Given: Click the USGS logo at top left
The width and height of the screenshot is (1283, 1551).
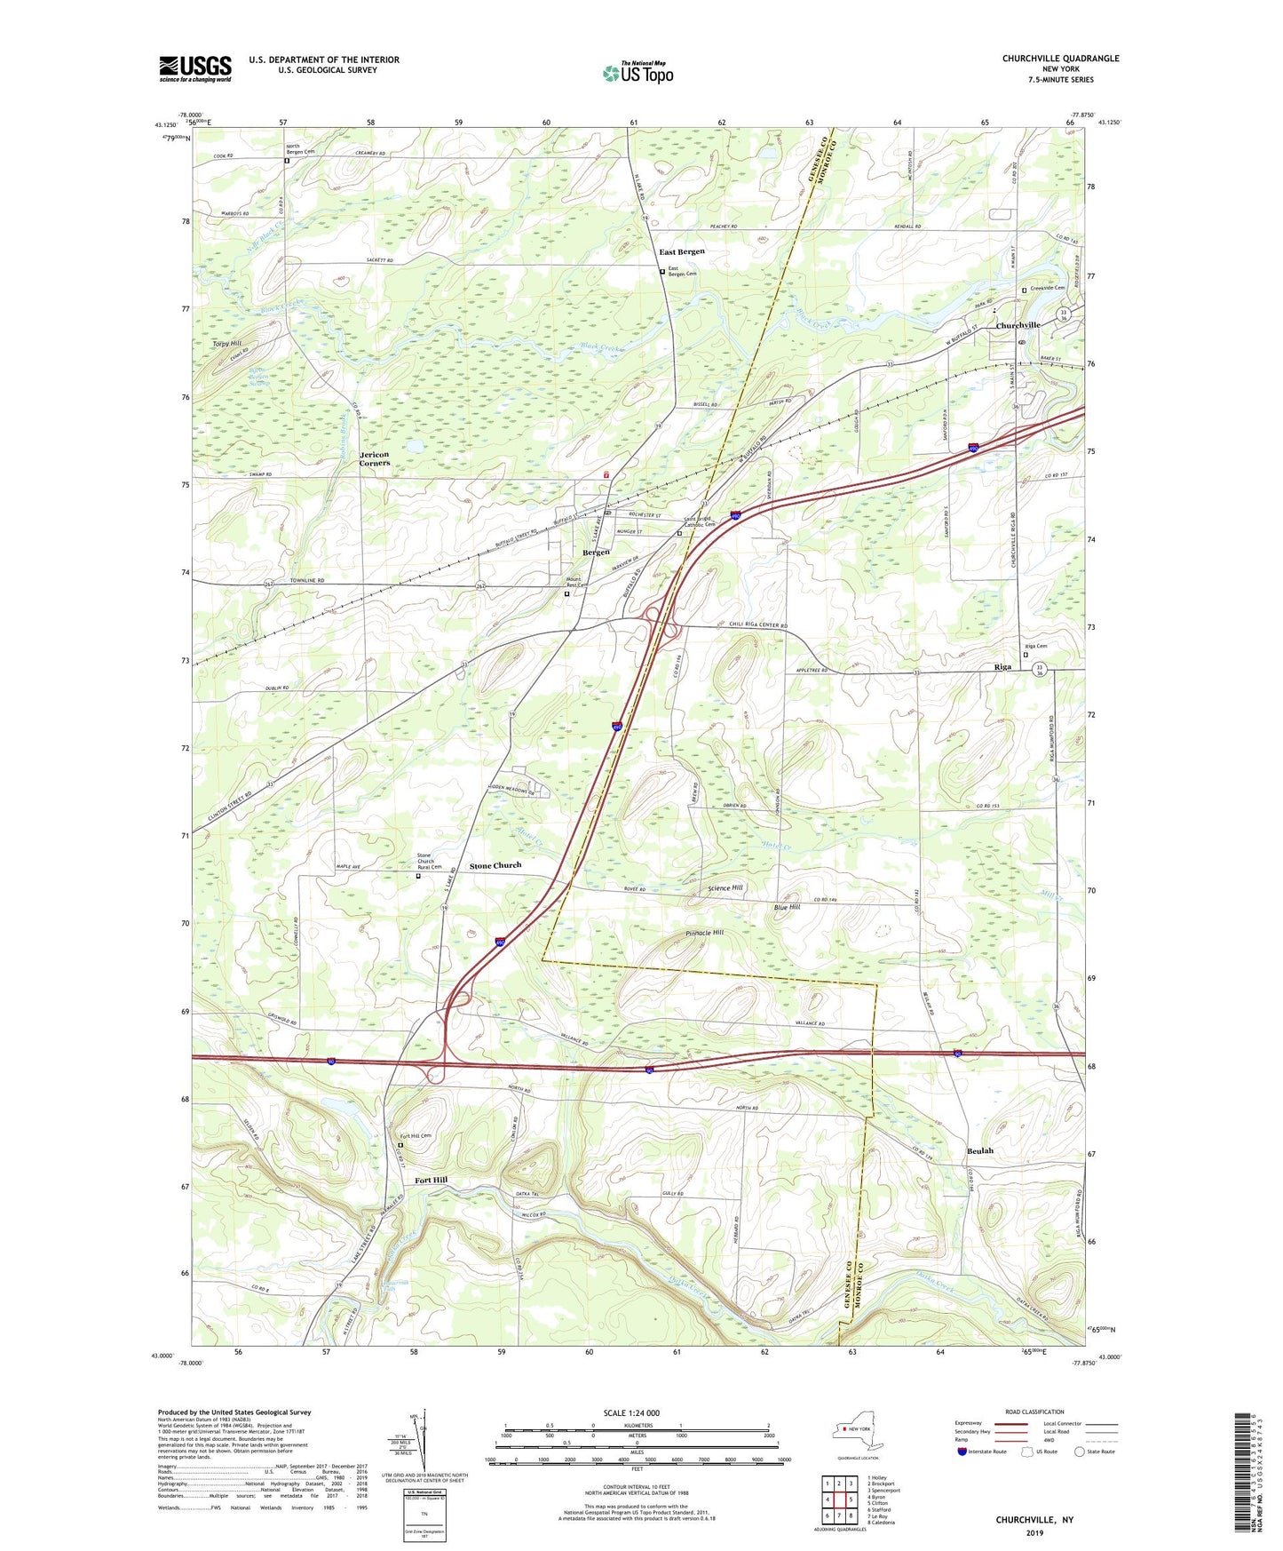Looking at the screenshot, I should (x=195, y=68).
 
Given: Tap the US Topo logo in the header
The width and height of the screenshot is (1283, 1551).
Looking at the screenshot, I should (x=638, y=73).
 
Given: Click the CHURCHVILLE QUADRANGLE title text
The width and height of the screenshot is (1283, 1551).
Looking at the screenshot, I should (x=1060, y=59).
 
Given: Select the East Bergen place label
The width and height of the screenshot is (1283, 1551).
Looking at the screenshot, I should (x=681, y=251).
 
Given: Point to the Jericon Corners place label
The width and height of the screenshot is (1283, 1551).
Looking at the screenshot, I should (x=374, y=458).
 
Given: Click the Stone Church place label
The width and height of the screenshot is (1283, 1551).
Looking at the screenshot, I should (x=495, y=865).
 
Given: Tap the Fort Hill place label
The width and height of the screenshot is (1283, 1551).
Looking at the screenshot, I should (x=432, y=1180).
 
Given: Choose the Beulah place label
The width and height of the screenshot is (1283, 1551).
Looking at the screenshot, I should (x=979, y=1150).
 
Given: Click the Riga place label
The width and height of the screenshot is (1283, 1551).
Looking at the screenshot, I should (x=1002, y=667).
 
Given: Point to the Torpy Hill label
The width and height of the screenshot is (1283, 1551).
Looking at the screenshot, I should (x=226, y=343).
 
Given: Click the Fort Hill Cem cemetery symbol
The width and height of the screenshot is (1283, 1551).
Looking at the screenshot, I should (x=400, y=1145).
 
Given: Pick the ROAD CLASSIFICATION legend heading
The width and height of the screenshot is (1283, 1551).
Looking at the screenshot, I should (x=1034, y=1412).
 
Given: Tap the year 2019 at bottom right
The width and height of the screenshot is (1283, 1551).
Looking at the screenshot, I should (x=1034, y=1533).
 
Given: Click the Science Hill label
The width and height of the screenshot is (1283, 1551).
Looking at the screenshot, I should (x=725, y=887).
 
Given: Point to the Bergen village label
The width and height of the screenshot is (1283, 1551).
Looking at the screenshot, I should (x=595, y=553).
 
